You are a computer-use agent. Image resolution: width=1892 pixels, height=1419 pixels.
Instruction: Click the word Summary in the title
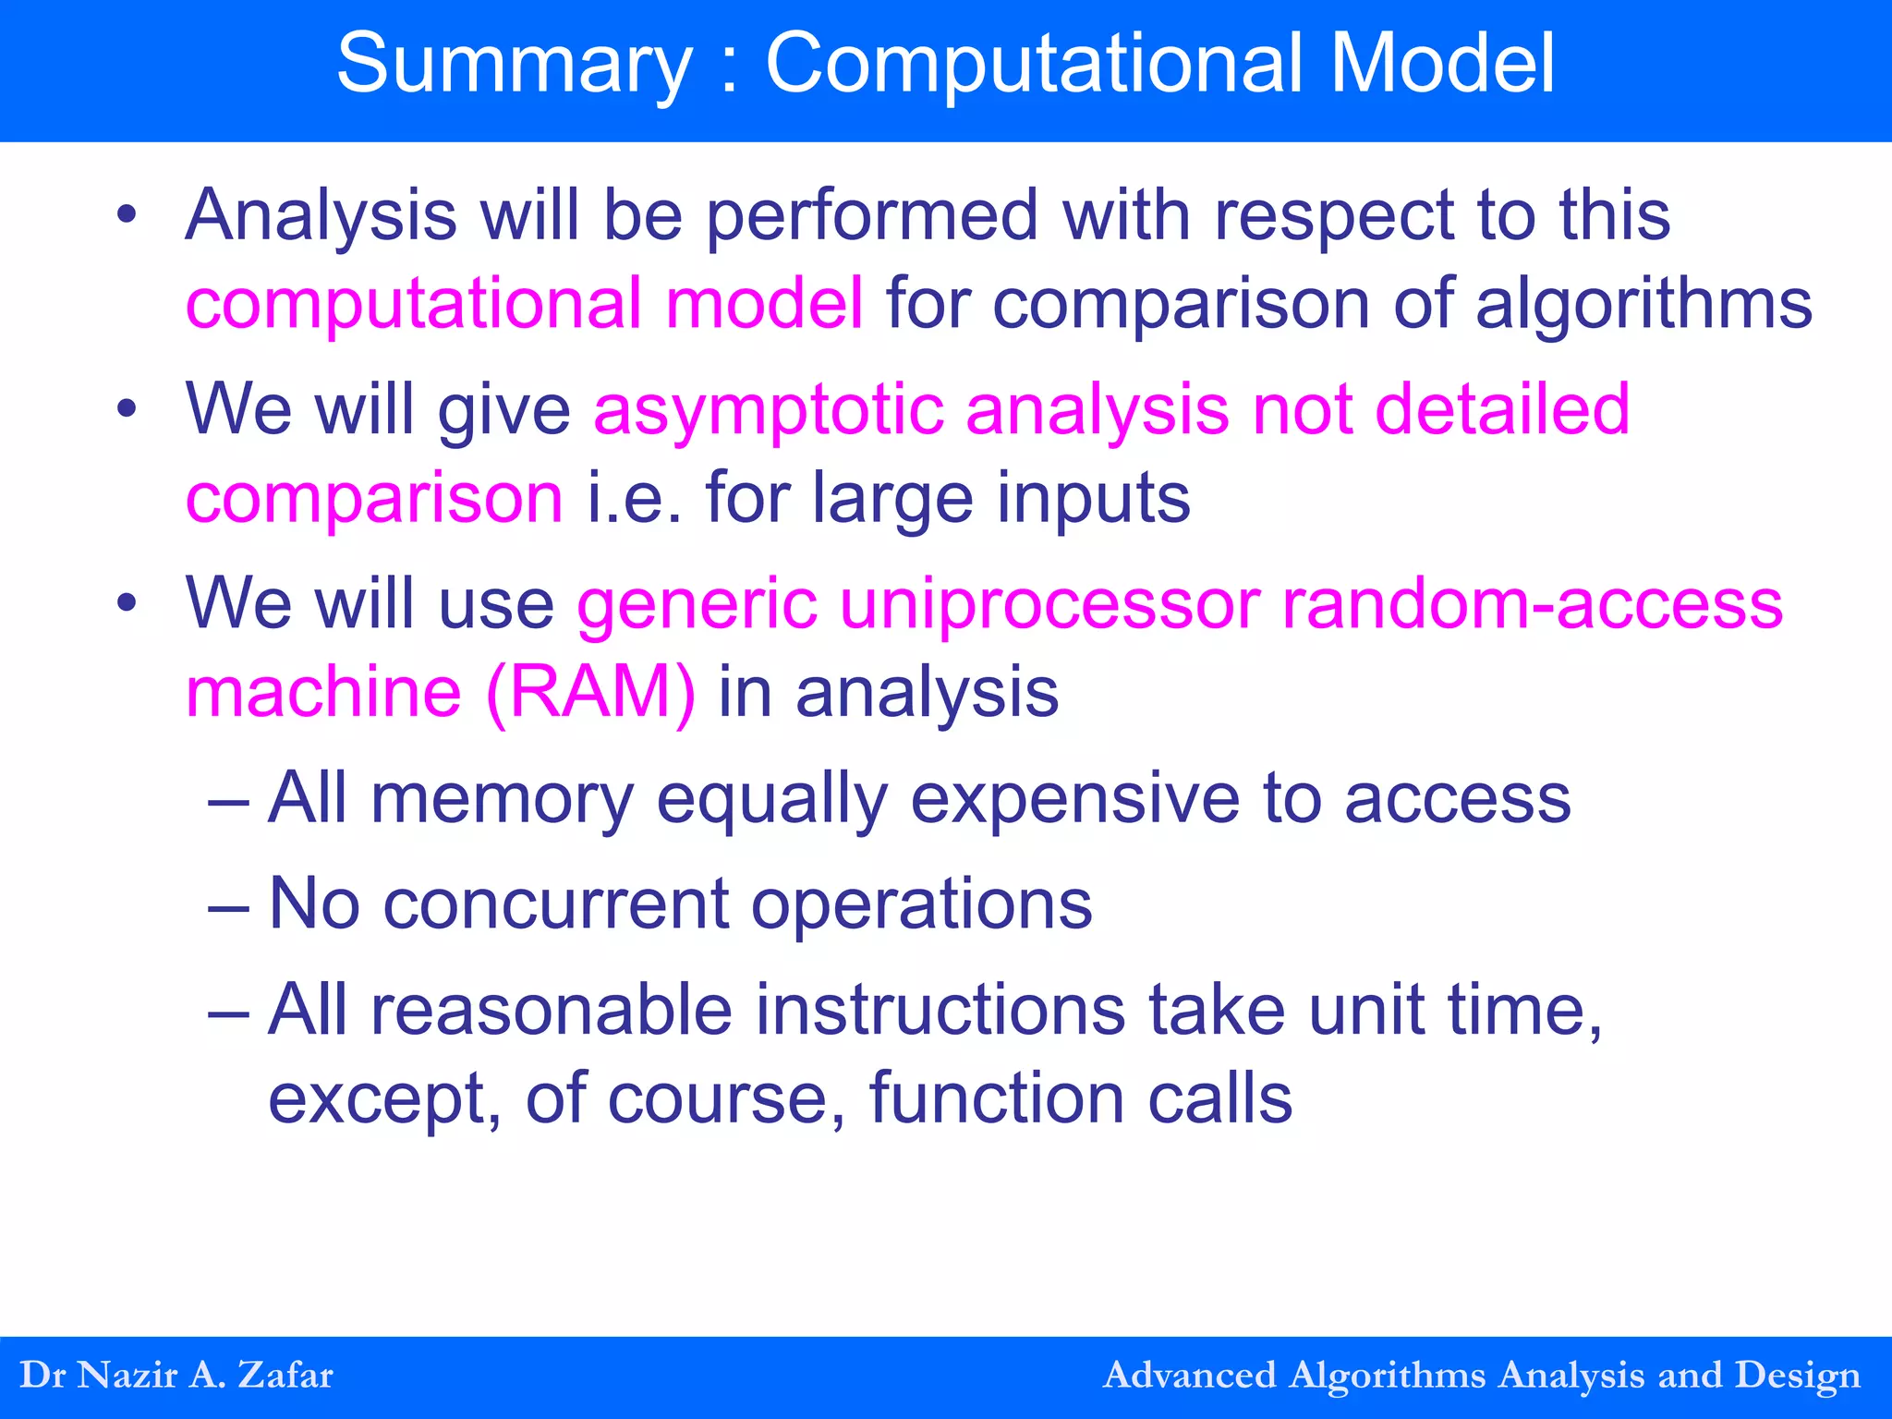(514, 65)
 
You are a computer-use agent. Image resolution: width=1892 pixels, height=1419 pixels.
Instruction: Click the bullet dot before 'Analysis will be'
(127, 215)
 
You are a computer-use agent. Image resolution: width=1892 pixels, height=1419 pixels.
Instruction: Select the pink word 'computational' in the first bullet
(413, 303)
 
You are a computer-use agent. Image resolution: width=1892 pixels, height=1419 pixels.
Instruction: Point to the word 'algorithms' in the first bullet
(1643, 303)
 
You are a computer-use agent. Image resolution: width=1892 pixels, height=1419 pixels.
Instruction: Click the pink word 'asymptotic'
(769, 409)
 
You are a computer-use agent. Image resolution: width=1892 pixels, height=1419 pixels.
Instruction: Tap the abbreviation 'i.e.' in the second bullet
(635, 497)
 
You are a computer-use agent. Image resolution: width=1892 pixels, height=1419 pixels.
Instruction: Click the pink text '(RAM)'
(590, 692)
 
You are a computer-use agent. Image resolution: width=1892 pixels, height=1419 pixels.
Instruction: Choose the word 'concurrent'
(555, 904)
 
